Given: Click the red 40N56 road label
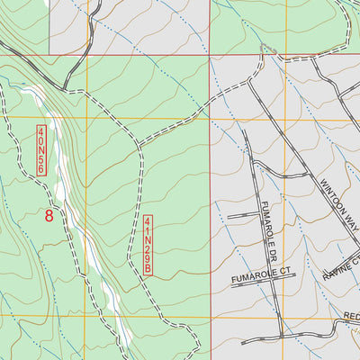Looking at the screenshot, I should [x=41, y=150].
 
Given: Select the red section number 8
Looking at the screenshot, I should [x=49, y=215].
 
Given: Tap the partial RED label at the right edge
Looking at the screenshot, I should [x=351, y=316].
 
